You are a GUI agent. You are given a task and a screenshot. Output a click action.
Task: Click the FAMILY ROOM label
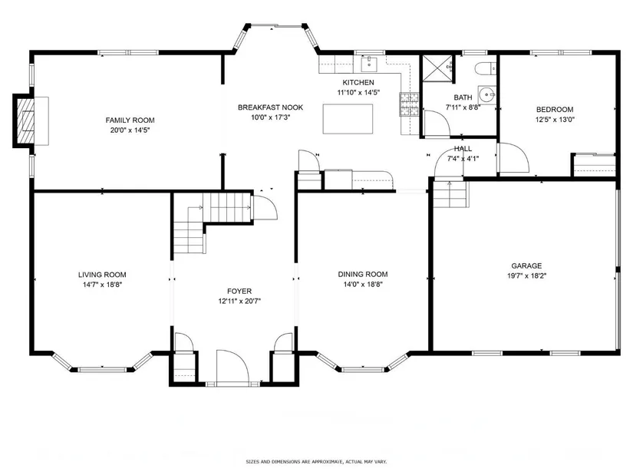[130, 120]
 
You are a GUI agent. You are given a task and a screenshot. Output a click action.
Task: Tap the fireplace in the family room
[25, 120]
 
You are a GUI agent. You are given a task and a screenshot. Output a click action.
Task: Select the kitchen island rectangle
[348, 119]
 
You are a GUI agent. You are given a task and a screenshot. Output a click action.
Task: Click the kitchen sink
[369, 64]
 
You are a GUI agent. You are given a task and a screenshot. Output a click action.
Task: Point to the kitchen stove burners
[409, 104]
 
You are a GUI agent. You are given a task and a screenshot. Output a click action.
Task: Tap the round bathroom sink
[487, 95]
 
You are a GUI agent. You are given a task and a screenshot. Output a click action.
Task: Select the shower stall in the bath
[437, 68]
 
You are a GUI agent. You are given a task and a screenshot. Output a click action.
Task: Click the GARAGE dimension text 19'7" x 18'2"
[527, 276]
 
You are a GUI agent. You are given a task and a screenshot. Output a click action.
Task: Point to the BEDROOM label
[555, 110]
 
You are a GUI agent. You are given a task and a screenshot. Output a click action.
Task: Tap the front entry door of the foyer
[232, 368]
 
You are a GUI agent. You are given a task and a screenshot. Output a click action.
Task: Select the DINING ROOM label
[363, 274]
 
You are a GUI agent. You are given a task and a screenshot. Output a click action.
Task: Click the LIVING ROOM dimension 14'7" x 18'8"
[103, 285]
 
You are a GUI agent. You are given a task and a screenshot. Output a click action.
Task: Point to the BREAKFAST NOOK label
[271, 107]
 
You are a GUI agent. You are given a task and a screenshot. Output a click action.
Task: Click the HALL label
[463, 149]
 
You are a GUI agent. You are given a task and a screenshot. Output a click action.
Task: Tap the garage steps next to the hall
[450, 194]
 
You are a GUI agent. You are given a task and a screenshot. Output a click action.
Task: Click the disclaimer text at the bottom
[316, 462]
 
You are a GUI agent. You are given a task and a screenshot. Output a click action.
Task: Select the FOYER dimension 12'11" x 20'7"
[240, 302]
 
